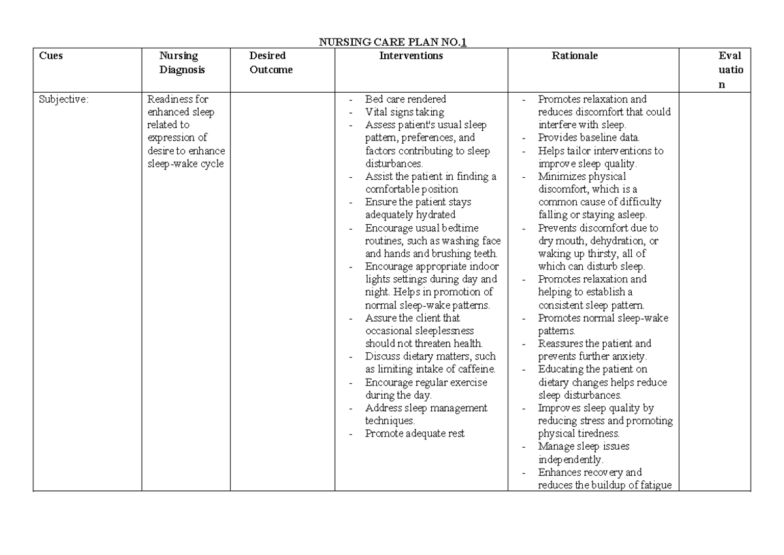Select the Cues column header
click(51, 56)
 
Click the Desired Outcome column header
click(270, 63)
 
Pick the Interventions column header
click(411, 56)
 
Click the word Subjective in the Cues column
click(63, 99)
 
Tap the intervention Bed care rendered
click(405, 99)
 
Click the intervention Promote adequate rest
click(415, 433)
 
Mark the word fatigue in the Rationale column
click(655, 485)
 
